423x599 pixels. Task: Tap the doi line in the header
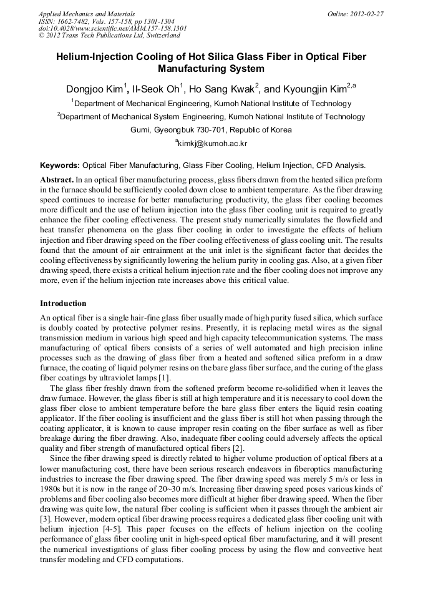[x=112, y=29]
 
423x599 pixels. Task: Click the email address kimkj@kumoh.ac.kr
[x=212, y=144]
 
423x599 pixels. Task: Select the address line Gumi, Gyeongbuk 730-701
[x=211, y=130]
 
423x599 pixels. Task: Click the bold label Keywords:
[x=60, y=166]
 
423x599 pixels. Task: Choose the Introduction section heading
[x=63, y=304]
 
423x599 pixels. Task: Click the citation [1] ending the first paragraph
[x=163, y=379]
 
